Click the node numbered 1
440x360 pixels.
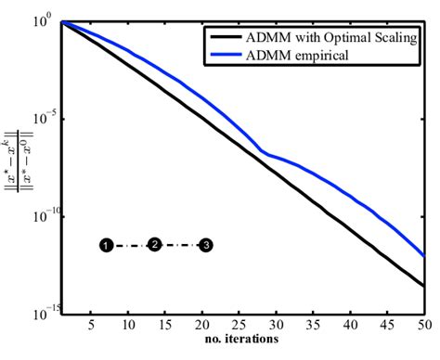click(107, 246)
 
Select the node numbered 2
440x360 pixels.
click(155, 244)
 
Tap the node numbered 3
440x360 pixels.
click(206, 245)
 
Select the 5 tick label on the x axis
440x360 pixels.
click(91, 325)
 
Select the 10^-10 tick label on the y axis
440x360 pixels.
click(45, 215)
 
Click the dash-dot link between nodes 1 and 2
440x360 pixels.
click(131, 245)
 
